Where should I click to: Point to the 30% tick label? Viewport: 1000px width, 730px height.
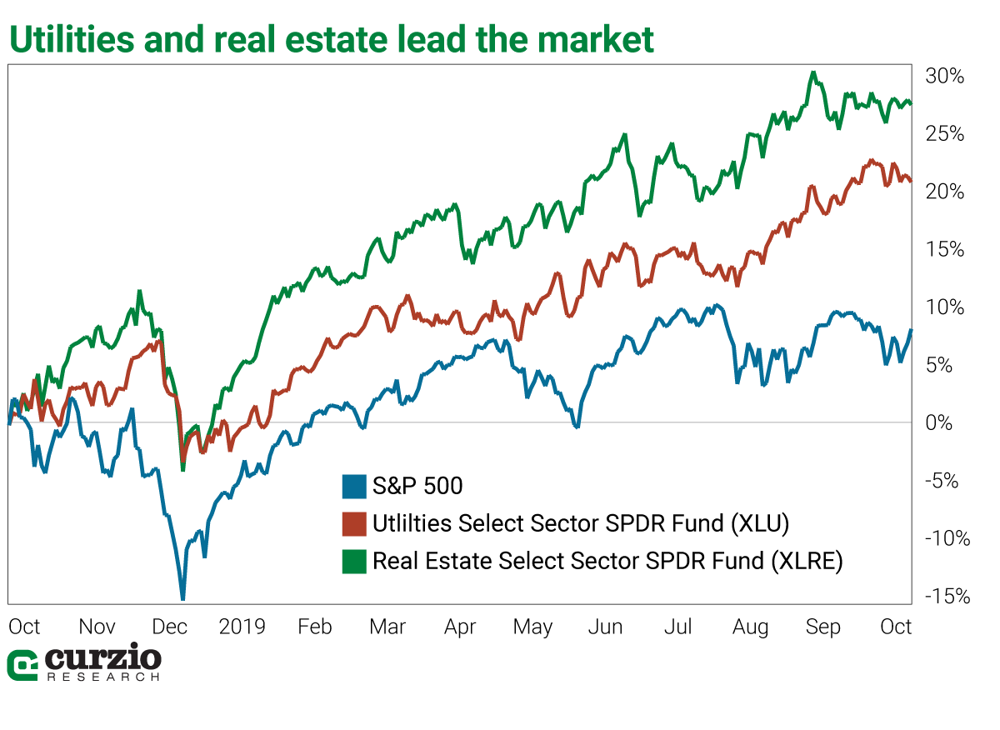pos(944,77)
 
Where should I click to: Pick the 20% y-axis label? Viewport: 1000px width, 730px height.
pos(944,192)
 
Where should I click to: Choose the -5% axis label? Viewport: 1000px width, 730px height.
pos(944,481)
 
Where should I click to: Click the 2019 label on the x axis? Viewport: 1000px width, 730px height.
pos(242,627)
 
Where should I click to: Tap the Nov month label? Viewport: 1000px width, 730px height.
pos(97,627)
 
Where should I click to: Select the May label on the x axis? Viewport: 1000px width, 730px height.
pos(532,627)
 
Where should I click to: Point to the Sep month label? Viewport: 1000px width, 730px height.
pos(822,627)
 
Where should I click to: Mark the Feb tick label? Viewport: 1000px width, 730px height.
pos(315,627)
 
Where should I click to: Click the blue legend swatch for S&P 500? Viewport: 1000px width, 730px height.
pos(354,486)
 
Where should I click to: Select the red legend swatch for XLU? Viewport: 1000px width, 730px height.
pos(354,524)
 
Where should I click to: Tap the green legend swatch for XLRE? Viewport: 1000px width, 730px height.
pos(354,562)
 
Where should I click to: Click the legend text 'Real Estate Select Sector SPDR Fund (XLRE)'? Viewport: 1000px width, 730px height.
pos(607,562)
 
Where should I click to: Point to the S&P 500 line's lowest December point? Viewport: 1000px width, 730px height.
pos(182,597)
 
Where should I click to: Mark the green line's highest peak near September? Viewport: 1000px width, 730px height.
pos(813,72)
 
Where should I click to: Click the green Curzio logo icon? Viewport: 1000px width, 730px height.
pos(22,665)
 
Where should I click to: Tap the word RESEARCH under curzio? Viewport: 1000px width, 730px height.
pos(102,677)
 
